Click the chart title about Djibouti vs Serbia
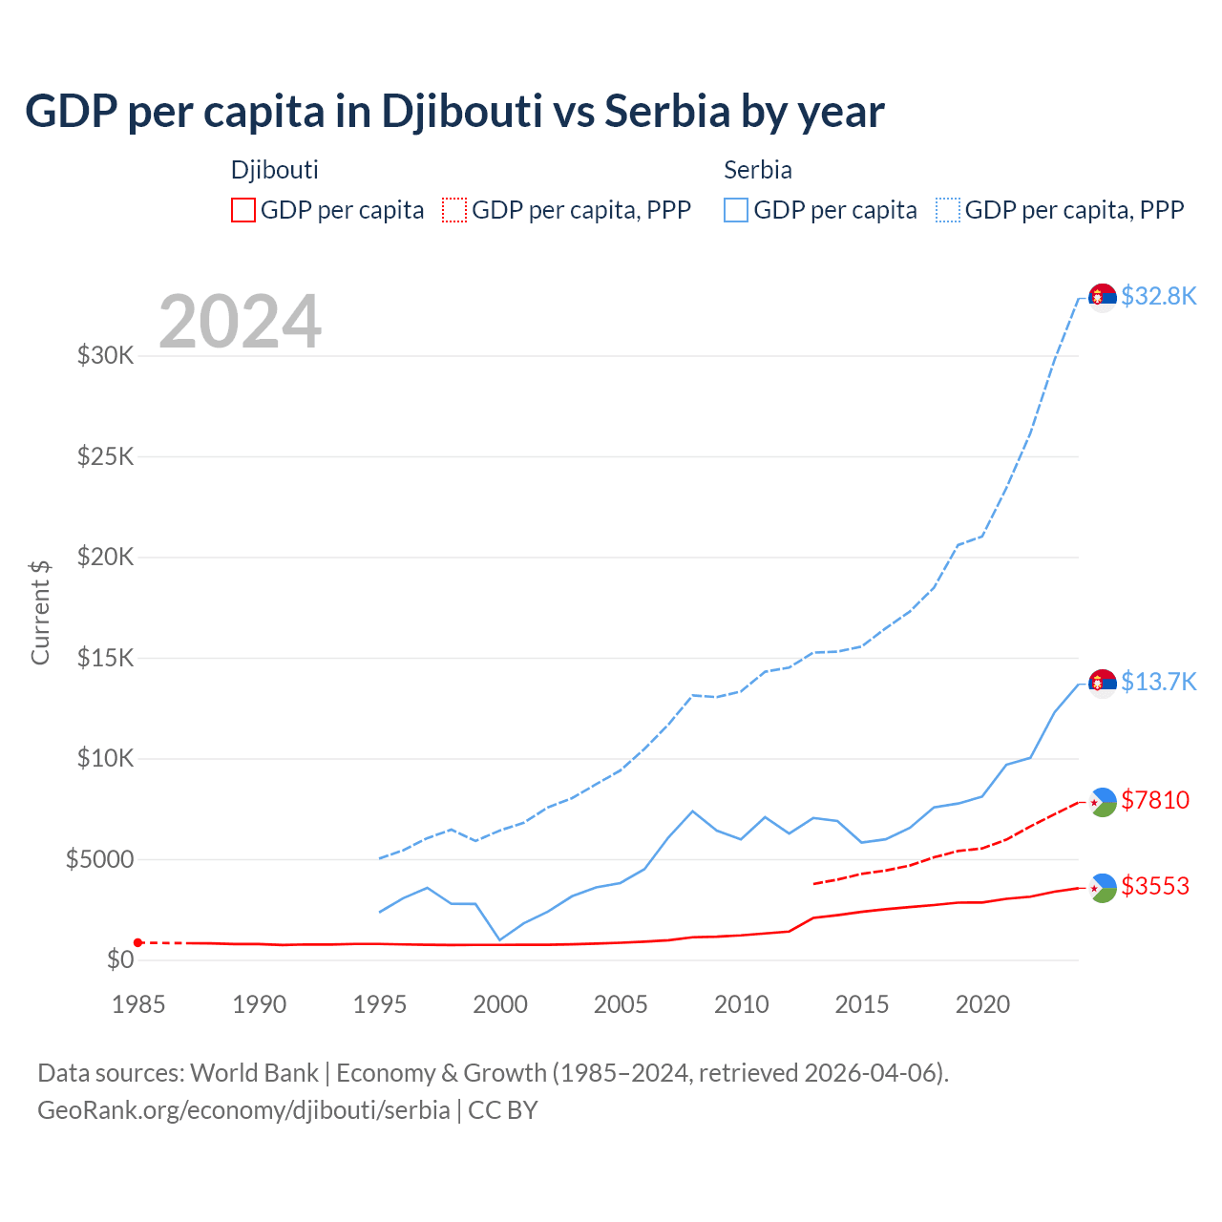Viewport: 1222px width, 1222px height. click(454, 112)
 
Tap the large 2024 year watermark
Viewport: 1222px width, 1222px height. click(240, 322)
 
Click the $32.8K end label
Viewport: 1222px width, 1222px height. click(1158, 296)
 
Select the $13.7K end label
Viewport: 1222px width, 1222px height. click(1158, 682)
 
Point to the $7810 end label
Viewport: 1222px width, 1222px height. click(1155, 800)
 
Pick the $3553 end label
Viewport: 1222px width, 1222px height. click(1155, 886)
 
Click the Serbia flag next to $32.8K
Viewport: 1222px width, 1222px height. click(1103, 298)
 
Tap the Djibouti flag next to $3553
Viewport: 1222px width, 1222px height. click(1103, 888)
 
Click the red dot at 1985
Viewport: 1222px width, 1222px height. click(138, 942)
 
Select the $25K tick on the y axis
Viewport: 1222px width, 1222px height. click(106, 456)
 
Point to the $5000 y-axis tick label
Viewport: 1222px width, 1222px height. click(99, 859)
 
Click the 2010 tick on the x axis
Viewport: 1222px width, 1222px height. click(742, 1004)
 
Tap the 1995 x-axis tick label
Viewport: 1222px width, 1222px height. click(380, 1004)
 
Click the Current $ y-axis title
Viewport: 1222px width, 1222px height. click(40, 612)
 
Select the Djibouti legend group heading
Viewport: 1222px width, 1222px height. click(275, 170)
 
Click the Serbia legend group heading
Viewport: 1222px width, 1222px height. click(758, 170)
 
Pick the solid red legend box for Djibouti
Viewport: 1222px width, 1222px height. click(243, 210)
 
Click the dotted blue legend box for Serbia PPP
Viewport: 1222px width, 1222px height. click(948, 210)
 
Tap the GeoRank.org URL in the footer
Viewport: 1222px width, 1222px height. click(243, 1110)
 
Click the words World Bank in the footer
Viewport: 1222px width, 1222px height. click(254, 1073)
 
